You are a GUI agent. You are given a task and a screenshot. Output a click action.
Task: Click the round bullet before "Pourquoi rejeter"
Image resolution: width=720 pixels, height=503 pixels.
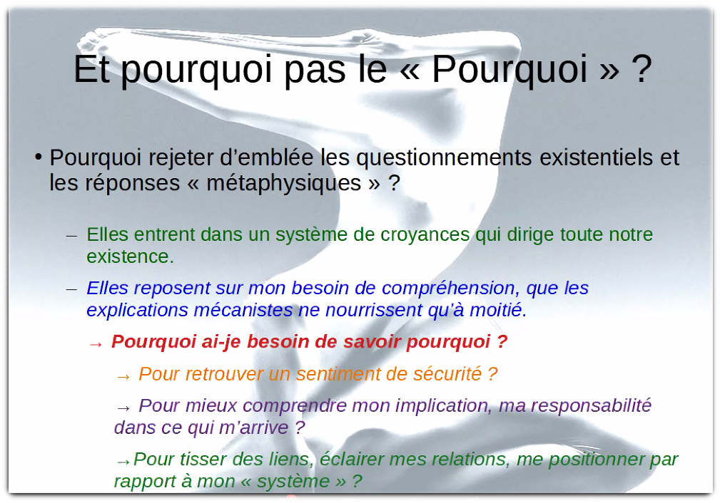[x=39, y=156]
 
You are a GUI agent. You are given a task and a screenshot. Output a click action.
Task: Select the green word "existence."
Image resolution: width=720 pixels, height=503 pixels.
[x=131, y=256]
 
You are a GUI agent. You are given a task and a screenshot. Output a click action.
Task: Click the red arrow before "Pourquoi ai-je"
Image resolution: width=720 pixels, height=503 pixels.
[x=96, y=344]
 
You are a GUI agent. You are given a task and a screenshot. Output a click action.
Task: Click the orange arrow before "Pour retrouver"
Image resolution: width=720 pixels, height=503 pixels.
[x=123, y=376]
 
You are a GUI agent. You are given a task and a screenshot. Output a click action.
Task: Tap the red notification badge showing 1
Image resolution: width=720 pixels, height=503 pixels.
[x=291, y=499]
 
